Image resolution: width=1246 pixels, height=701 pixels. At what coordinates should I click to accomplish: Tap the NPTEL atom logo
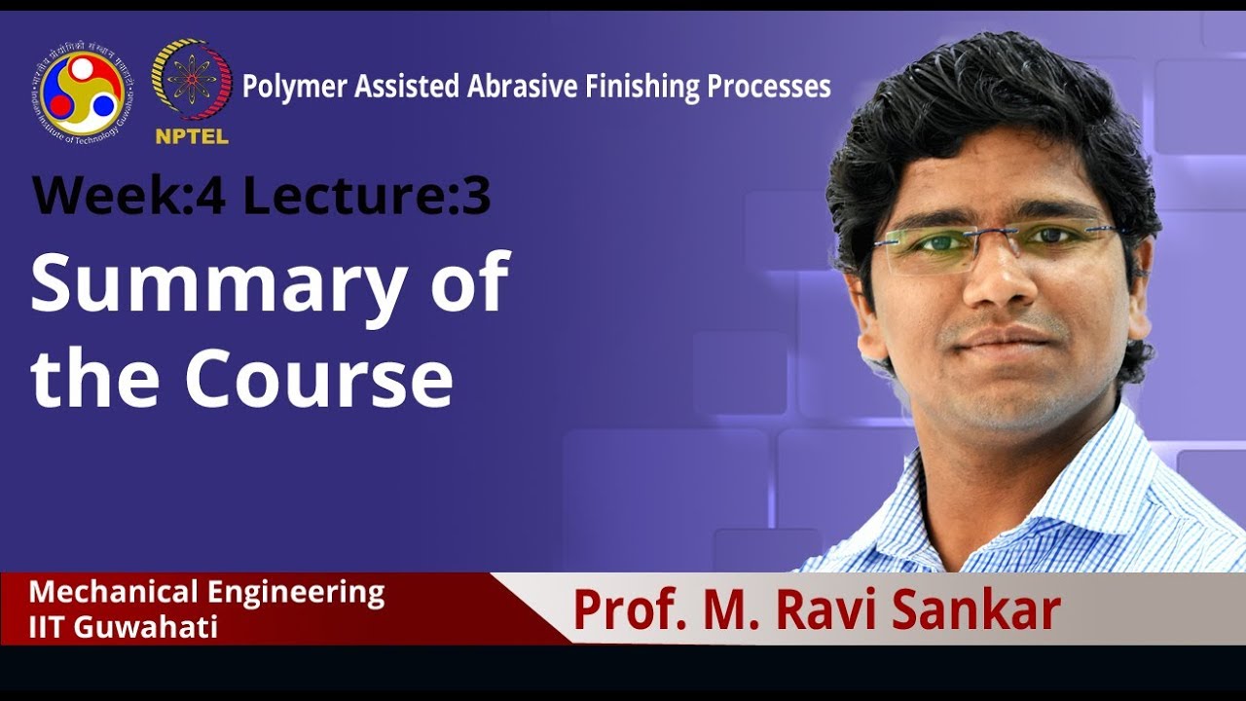(192, 80)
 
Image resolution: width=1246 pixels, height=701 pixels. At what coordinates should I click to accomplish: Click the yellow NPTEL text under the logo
(192, 136)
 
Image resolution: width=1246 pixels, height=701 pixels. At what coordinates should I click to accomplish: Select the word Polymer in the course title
(294, 87)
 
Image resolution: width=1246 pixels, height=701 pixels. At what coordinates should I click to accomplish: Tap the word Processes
(769, 87)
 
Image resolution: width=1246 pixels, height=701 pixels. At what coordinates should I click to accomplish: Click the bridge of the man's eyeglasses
(995, 234)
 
